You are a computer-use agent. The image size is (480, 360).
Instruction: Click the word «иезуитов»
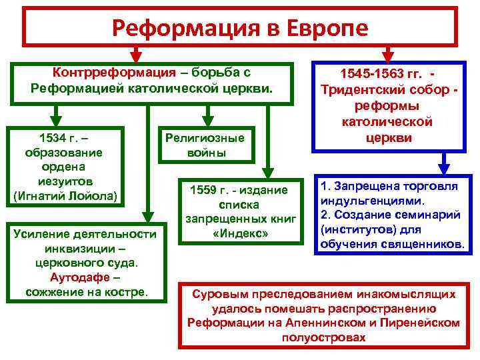(x=65, y=181)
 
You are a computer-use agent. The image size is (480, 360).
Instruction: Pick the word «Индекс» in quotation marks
(x=237, y=234)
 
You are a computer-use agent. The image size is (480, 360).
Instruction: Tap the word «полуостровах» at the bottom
(x=323, y=338)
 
